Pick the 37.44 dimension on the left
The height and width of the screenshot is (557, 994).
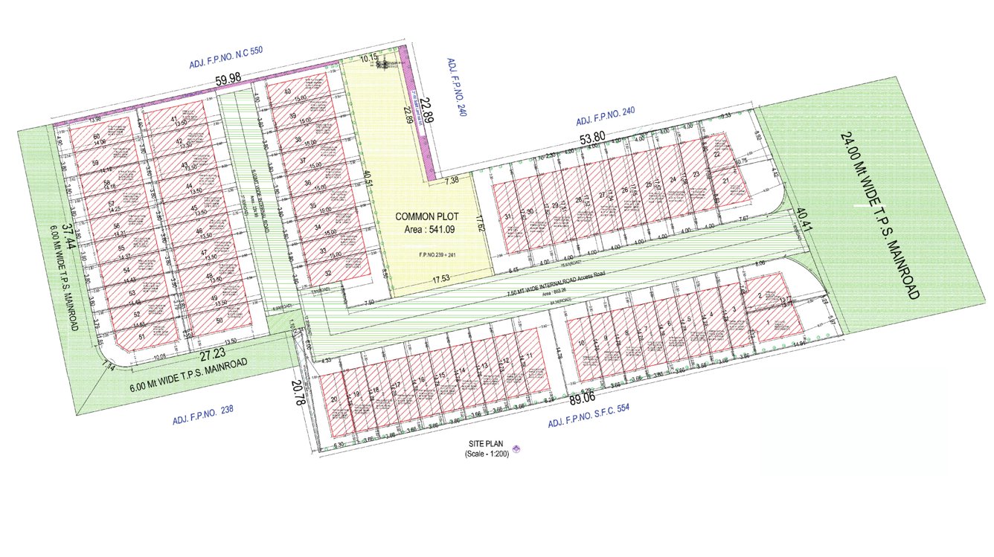pos(66,236)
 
